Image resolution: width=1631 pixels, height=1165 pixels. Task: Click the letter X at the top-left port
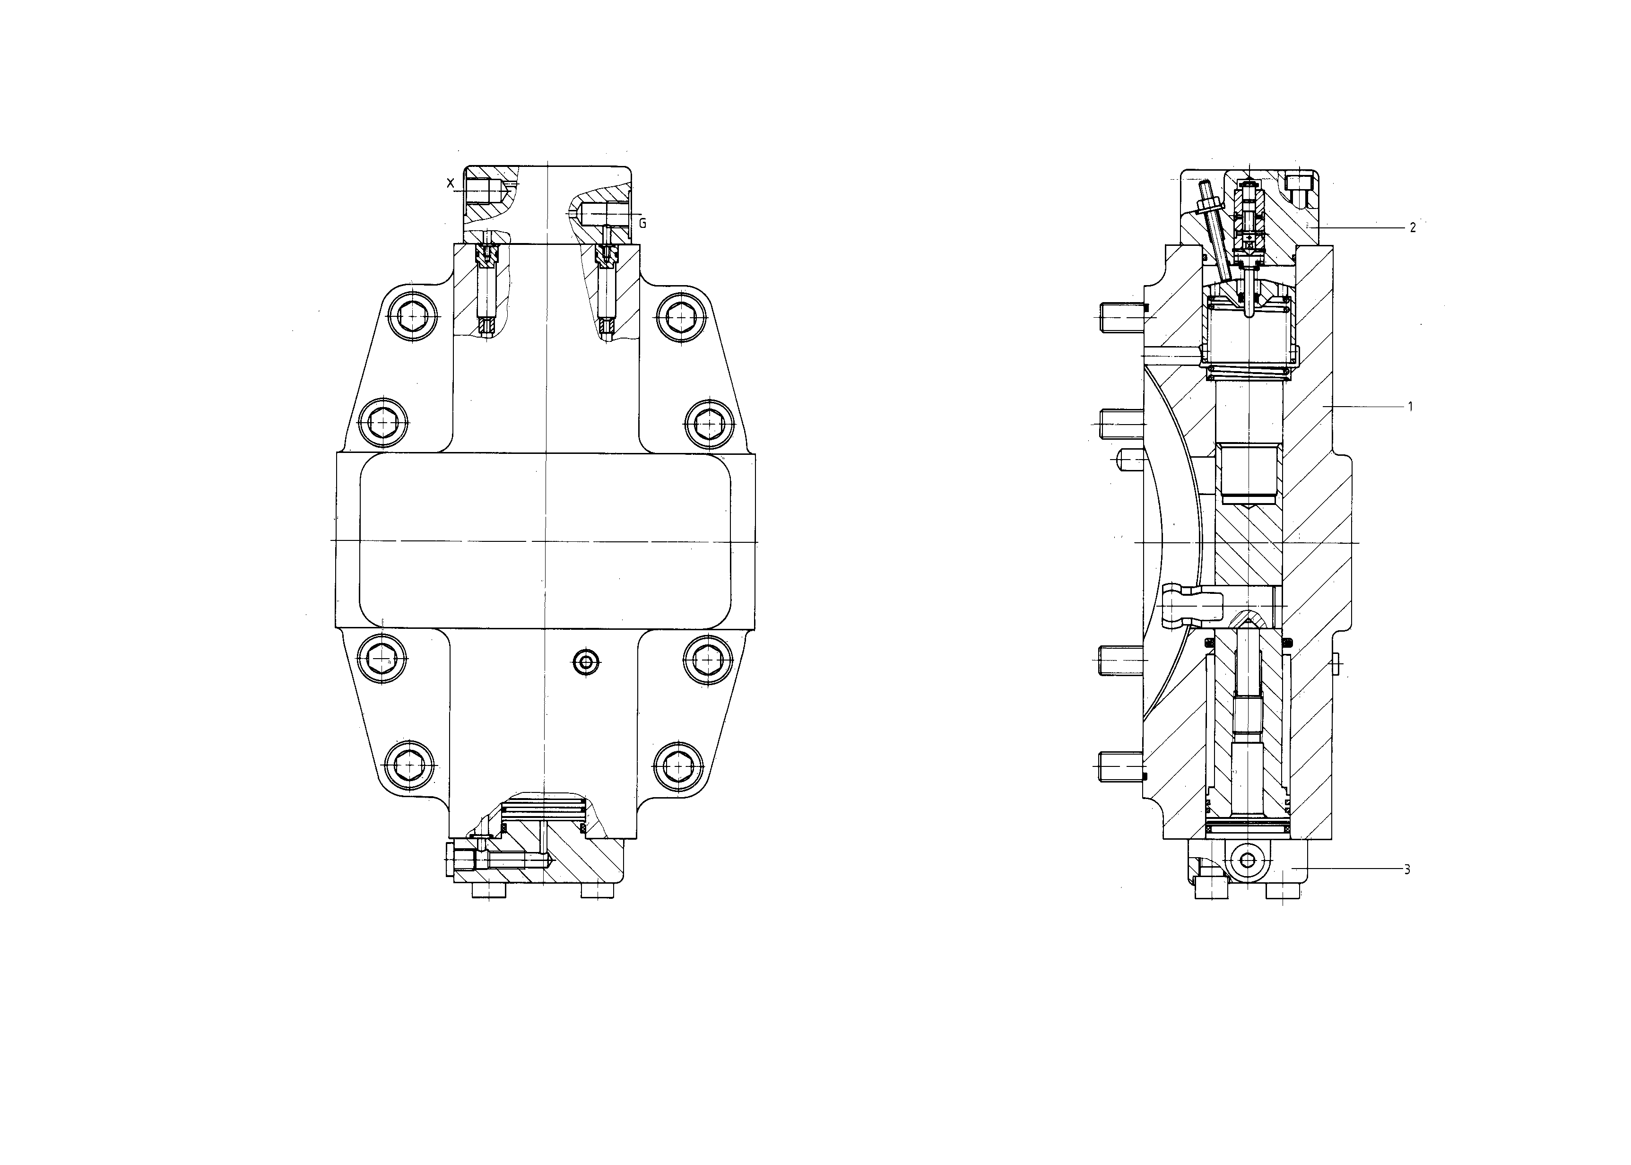pos(451,183)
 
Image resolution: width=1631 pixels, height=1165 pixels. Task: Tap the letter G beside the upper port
pos(642,224)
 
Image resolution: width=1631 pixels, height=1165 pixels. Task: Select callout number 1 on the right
pos(1410,407)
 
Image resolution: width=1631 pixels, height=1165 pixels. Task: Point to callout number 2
pos(1412,228)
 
